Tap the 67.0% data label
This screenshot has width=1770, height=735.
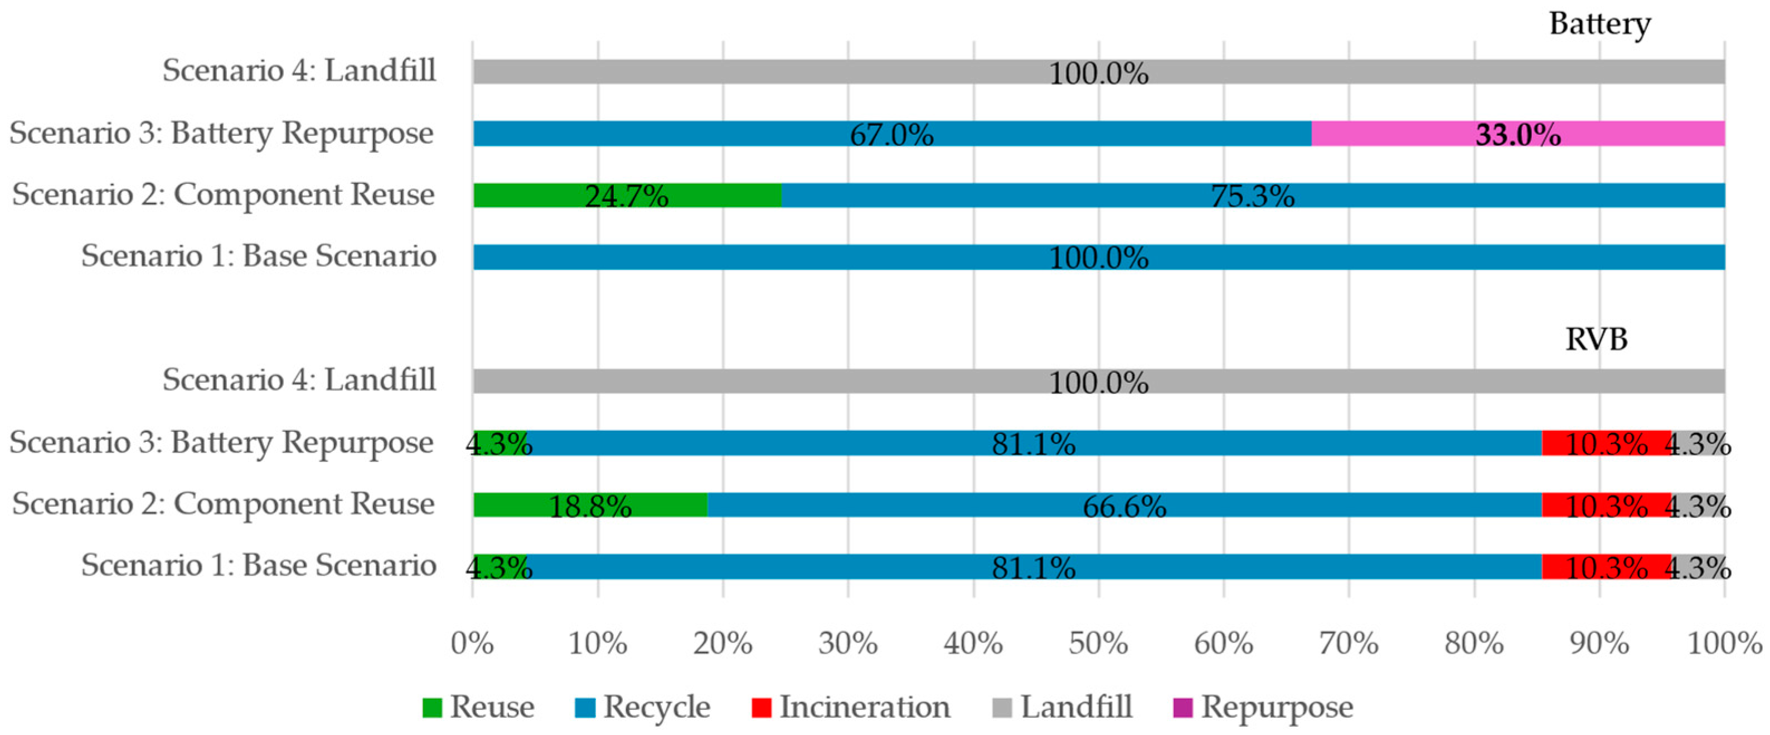pos(891,135)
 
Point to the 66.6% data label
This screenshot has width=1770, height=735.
pos(1124,507)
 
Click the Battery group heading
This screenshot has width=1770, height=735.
pos(1599,24)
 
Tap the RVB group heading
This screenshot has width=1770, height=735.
pos(1596,339)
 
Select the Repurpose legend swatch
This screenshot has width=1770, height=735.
pos(1182,707)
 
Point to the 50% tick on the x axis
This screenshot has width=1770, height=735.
pos(1098,644)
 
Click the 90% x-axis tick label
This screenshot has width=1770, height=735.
pos(1599,644)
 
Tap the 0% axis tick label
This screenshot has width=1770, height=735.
pos(472,644)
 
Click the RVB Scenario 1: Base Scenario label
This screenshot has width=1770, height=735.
pos(258,566)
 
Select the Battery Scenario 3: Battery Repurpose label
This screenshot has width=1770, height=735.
pos(221,133)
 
